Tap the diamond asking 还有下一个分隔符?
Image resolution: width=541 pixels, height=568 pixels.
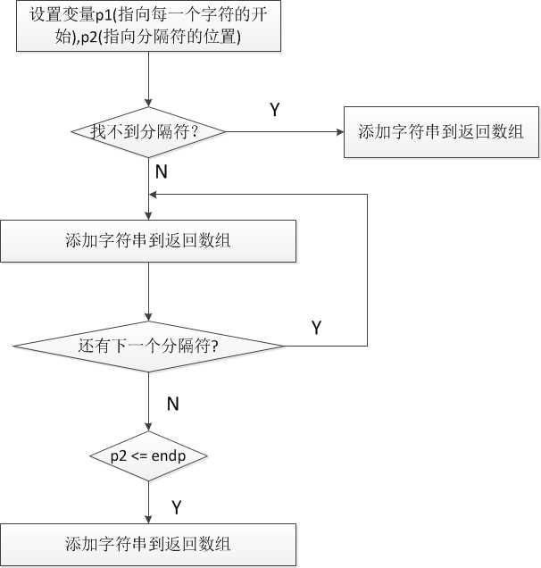point(148,346)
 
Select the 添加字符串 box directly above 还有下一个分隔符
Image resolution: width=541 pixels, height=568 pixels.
point(148,239)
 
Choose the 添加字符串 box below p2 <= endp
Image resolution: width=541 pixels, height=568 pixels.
point(148,544)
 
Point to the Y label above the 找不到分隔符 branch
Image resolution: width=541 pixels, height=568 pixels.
point(274,110)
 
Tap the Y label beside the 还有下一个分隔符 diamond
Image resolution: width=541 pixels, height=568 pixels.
point(316,328)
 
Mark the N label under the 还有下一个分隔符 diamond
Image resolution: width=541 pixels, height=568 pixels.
point(173,404)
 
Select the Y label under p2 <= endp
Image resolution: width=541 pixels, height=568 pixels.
point(177,507)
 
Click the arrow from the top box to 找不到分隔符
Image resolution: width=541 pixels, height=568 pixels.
point(148,80)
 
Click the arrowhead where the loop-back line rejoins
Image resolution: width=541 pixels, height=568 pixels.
point(155,194)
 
